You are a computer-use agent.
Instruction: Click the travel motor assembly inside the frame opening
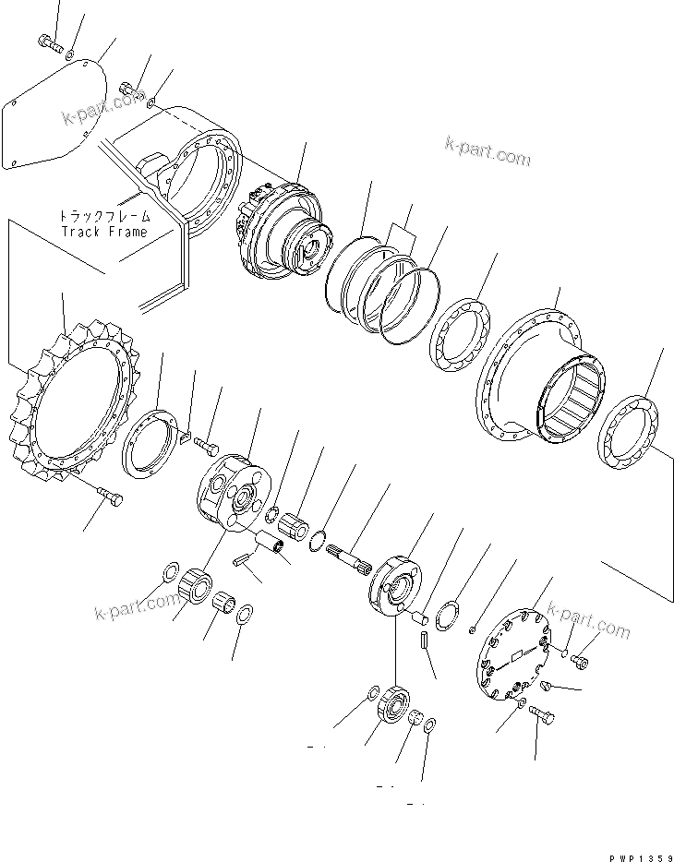[282, 231]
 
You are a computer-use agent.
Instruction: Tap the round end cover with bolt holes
[512, 656]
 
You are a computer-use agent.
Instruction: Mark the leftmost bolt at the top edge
[49, 41]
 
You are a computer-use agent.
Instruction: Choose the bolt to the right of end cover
[579, 660]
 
